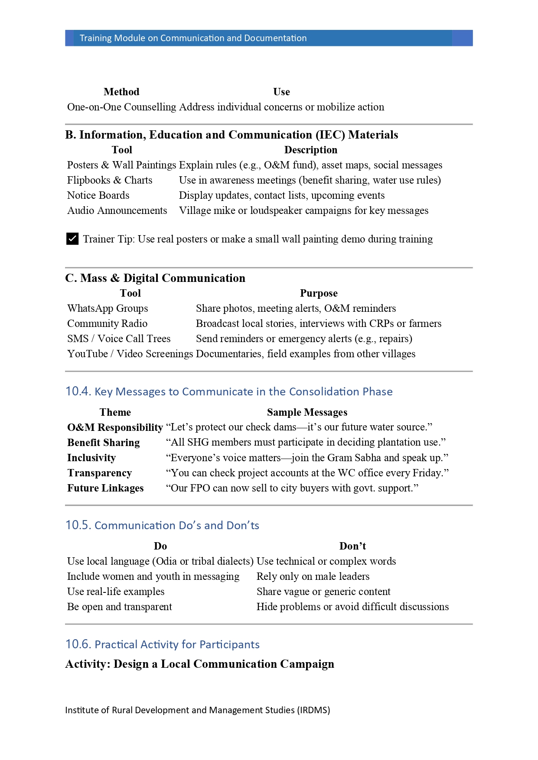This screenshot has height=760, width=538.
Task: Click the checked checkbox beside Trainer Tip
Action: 72,239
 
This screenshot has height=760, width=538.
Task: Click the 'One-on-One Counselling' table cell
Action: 121,107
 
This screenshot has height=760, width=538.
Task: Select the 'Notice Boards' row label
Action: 98,195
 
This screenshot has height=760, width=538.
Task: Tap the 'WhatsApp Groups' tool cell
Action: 108,308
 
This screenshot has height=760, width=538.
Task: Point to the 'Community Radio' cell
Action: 107,323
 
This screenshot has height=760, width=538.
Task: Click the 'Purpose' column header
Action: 319,293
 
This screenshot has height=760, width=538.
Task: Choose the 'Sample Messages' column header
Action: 307,412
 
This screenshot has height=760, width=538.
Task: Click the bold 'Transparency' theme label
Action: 99,473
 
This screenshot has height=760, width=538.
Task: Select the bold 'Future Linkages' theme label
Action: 105,488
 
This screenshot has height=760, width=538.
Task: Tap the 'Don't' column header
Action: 352,546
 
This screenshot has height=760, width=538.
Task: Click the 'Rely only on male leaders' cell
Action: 313,576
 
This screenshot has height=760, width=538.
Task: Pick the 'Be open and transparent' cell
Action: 120,607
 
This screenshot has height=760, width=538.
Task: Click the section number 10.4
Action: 78,391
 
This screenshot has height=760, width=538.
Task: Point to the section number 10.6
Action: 78,644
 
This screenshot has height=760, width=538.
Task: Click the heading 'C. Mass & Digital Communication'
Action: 155,278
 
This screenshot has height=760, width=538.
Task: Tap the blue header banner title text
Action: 193,38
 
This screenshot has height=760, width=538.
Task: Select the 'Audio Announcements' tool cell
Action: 117,210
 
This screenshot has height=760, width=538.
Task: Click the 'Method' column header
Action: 121,92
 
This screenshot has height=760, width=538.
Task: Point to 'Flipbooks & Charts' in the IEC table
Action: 110,180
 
